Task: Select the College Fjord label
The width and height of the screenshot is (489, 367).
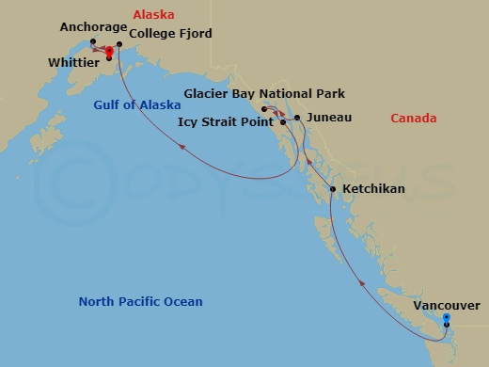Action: tap(170, 34)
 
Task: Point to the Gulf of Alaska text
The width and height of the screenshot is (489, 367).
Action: tap(136, 105)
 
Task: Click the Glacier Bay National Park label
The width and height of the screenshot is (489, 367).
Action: tap(265, 94)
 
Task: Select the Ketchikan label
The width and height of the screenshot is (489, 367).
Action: tap(374, 189)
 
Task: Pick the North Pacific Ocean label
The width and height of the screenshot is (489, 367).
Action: tap(140, 302)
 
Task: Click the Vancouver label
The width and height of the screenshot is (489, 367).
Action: tap(446, 306)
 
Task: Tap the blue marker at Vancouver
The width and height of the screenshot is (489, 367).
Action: tap(446, 318)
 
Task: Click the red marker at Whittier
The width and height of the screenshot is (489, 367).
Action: tap(109, 51)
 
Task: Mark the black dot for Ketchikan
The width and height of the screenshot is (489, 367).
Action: tap(334, 191)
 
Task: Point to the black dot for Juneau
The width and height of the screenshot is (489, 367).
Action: tap(297, 118)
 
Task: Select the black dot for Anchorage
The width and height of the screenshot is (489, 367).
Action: tap(92, 41)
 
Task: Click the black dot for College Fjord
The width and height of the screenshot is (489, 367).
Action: tap(119, 43)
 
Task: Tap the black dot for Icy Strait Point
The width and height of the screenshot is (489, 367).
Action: tap(283, 122)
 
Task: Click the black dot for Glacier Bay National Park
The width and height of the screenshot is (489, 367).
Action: tap(267, 107)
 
